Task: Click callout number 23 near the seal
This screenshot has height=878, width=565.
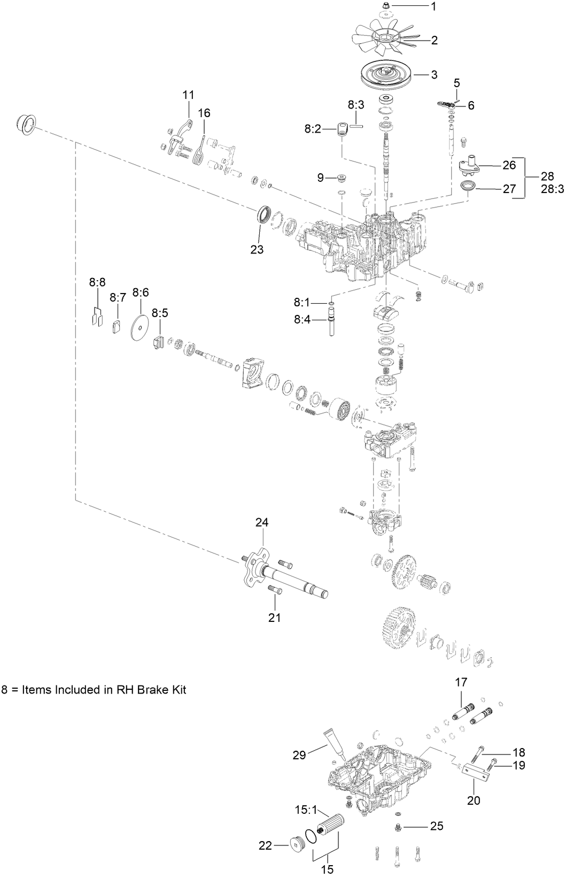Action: tap(257, 249)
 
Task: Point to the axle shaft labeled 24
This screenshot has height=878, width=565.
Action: tap(289, 580)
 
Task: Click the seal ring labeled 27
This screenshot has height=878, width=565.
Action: tap(468, 187)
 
